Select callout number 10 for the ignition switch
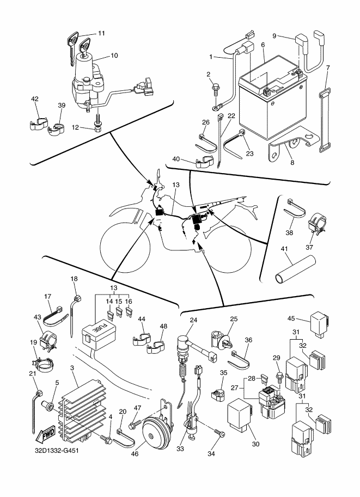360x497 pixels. pos(114,56)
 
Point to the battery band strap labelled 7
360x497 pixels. pos(325,120)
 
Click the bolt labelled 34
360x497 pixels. pos(220,434)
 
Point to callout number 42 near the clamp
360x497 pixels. pos(35,100)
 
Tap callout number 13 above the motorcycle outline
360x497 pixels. pos(175,185)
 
